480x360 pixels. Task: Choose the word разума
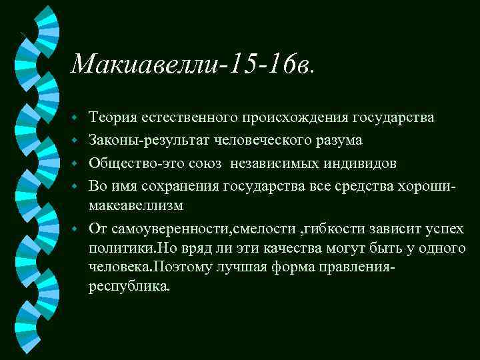[x=339, y=141]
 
